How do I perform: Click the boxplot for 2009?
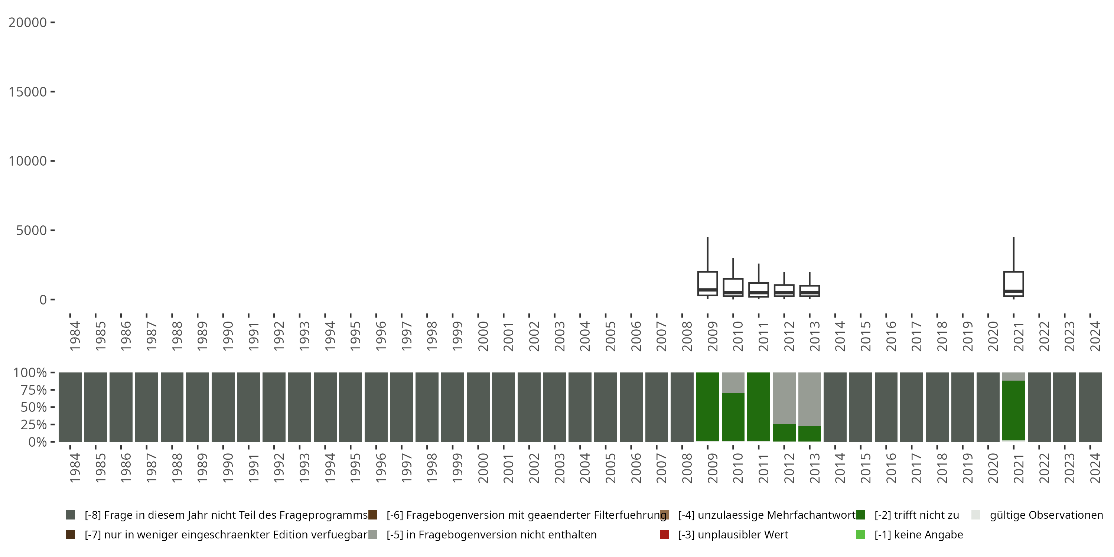coord(707,283)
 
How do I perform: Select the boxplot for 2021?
coord(1013,284)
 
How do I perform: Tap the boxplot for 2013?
coord(810,291)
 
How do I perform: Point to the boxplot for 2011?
coord(759,290)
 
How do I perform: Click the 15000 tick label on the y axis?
coord(28,92)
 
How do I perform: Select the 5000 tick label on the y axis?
coord(31,231)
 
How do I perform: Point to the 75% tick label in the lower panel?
coord(33,390)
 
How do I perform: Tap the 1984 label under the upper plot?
coord(75,336)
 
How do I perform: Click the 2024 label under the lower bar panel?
coord(1095,468)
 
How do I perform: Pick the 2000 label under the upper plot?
coord(483,336)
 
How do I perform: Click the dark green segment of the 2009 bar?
coord(707,407)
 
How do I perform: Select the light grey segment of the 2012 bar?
coord(784,398)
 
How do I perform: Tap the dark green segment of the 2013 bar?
coord(810,434)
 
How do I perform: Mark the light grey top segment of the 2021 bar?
coord(1013,376)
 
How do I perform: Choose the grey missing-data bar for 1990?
coord(223,407)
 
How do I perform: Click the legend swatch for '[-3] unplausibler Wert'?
coord(664,534)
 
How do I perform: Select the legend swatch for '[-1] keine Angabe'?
coord(860,534)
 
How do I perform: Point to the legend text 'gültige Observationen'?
coord(1046,515)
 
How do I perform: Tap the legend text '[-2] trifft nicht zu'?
coord(916,515)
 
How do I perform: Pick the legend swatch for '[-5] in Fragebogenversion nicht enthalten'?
coord(373,534)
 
